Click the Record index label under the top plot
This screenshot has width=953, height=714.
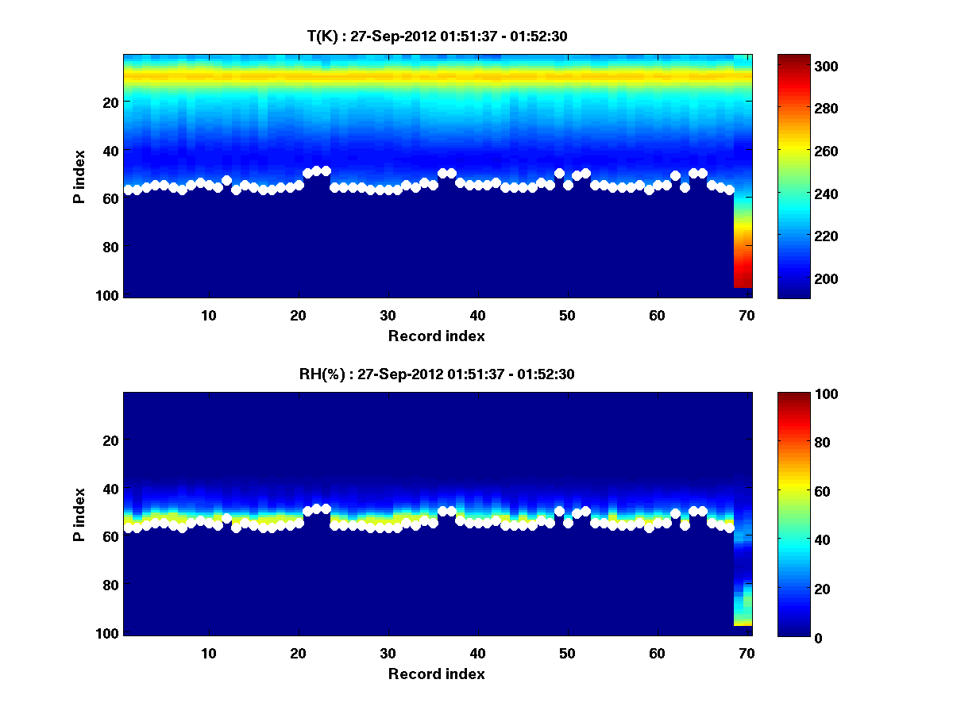click(436, 336)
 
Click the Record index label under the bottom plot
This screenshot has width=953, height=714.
click(436, 674)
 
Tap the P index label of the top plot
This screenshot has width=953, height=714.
click(79, 176)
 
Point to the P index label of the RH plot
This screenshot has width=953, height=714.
click(79, 514)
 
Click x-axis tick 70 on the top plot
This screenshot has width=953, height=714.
click(747, 315)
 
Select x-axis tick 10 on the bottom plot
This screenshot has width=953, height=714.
click(209, 653)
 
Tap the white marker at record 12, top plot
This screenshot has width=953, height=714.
click(226, 181)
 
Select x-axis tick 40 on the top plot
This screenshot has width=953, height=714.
click(477, 315)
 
